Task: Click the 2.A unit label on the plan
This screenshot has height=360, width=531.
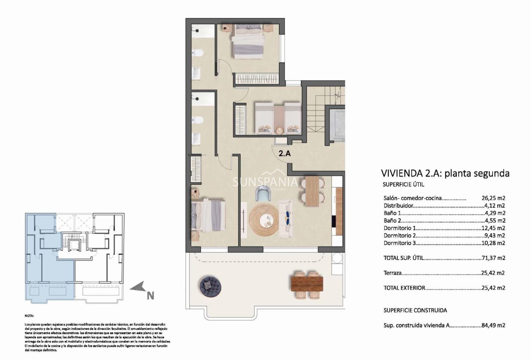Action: click(x=285, y=152)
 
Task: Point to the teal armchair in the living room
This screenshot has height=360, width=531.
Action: click(x=263, y=195)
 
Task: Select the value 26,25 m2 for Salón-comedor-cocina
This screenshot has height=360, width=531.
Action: click(x=493, y=198)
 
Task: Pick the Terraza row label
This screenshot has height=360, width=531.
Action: click(x=393, y=273)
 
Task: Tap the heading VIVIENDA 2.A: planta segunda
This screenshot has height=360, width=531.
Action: click(x=445, y=173)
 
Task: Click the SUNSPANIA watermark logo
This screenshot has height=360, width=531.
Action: click(x=265, y=182)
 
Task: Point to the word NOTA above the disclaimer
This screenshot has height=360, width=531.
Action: click(x=29, y=316)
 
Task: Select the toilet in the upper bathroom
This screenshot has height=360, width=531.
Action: click(x=197, y=52)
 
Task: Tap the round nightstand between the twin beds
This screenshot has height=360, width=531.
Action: click(x=279, y=130)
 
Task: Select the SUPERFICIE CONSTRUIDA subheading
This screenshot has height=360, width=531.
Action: click(x=415, y=310)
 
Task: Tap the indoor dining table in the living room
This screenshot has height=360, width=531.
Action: click(x=312, y=191)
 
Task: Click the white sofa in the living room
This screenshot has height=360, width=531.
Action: click(x=288, y=218)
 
